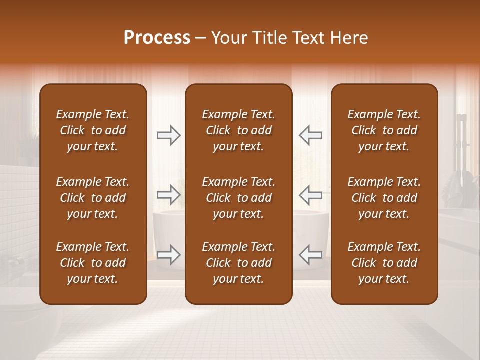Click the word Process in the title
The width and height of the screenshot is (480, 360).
click(x=157, y=38)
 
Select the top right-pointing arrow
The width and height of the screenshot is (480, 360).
click(x=169, y=135)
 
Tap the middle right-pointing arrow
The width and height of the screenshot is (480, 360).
click(x=169, y=195)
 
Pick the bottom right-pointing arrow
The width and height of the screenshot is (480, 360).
click(x=169, y=255)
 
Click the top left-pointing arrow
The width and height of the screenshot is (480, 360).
click(x=311, y=135)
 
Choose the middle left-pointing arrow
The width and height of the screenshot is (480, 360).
click(x=311, y=195)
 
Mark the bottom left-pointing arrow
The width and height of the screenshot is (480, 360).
click(x=311, y=255)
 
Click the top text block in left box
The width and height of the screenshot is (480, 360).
click(x=93, y=130)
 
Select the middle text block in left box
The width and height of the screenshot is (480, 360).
click(x=93, y=198)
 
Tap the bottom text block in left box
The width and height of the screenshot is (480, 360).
click(x=93, y=263)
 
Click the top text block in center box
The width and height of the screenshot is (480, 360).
click(x=239, y=130)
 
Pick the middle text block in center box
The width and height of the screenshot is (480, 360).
click(x=239, y=198)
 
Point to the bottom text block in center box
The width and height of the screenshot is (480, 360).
click(x=239, y=263)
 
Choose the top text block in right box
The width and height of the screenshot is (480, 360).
click(x=384, y=130)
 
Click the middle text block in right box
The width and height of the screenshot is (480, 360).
click(x=384, y=198)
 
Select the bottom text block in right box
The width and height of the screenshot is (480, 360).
click(x=384, y=263)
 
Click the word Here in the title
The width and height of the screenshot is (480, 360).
click(x=349, y=38)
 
